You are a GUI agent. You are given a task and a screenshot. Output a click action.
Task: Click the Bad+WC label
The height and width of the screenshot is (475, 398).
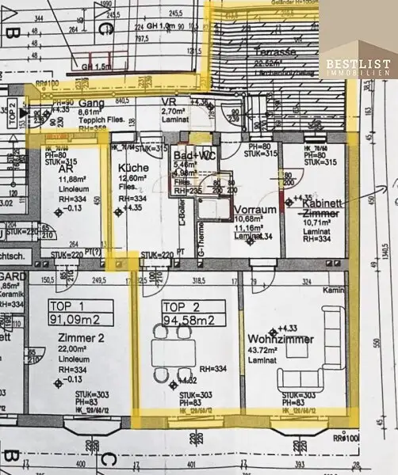click(196, 155)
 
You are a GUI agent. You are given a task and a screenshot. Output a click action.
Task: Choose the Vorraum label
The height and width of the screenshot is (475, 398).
click(254, 210)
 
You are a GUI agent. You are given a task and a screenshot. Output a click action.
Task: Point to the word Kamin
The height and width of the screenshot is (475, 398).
click(332, 291)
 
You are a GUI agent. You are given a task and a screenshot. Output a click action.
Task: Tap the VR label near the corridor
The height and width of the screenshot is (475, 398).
click(167, 103)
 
